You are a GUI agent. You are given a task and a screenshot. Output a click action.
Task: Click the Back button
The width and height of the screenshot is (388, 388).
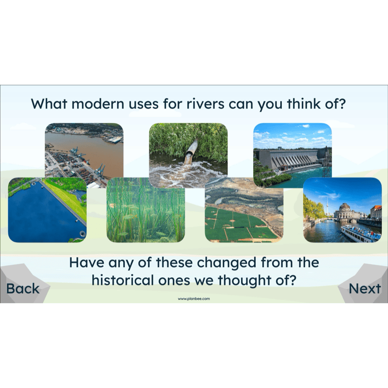tap(23, 289)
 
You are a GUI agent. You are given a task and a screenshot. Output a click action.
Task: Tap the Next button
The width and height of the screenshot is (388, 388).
tap(365, 289)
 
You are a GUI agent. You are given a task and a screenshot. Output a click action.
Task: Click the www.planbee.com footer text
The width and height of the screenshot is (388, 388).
tap(194, 299)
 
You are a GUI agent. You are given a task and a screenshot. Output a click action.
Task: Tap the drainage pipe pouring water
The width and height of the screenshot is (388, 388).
tap(191, 151)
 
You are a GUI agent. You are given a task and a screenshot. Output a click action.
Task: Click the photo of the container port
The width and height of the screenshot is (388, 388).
tap(84, 155)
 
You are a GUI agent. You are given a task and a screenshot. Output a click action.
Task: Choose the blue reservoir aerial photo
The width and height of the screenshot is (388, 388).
tap(47, 210)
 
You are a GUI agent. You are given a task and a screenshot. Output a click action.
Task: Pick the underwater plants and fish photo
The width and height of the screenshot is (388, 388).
tap(145, 210)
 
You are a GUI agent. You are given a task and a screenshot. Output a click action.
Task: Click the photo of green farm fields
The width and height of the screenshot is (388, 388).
tap(244, 210)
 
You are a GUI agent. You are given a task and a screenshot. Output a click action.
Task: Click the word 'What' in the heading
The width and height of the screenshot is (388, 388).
tap(47, 104)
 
